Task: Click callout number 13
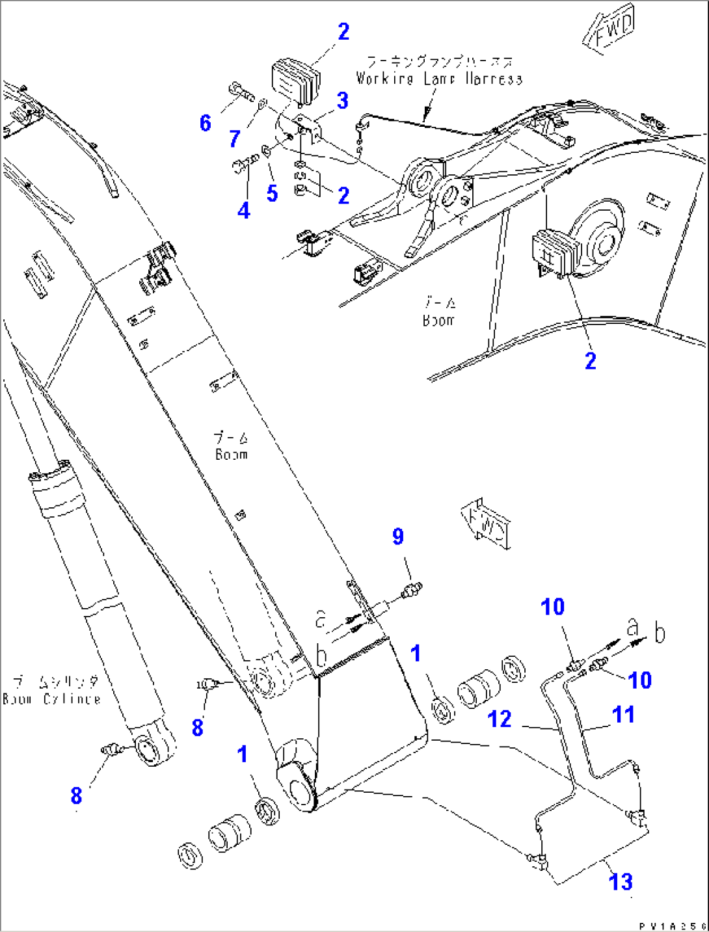pyautogui.click(x=621, y=882)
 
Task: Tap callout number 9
pyautogui.click(x=398, y=537)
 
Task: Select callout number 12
pyautogui.click(x=500, y=719)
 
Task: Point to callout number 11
pyautogui.click(x=623, y=714)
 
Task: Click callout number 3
pyautogui.click(x=342, y=101)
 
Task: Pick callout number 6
pyautogui.click(x=206, y=122)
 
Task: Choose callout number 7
pyautogui.click(x=235, y=138)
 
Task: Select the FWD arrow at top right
pyautogui.click(x=611, y=31)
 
